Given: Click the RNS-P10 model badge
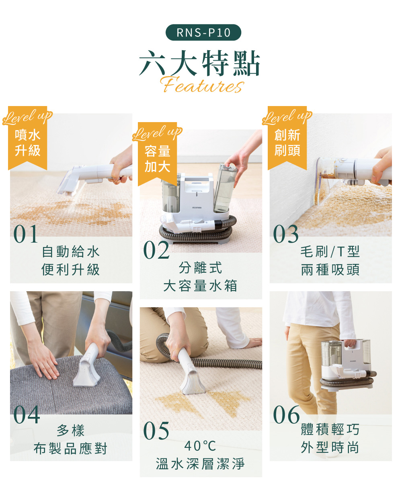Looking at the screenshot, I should pyautogui.click(x=203, y=33).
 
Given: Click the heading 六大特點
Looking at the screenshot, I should pyautogui.click(x=200, y=64).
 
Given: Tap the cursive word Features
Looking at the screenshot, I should pyautogui.click(x=202, y=85).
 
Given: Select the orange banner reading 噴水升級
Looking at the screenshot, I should pyautogui.click(x=28, y=143).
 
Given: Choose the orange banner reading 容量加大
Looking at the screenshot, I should pyautogui.click(x=157, y=159).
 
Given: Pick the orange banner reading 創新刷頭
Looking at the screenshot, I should pyautogui.click(x=287, y=143).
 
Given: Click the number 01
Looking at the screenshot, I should pyautogui.click(x=26, y=234).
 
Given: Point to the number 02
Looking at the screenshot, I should pyautogui.click(x=156, y=251).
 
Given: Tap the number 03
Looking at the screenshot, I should pyautogui.click(x=286, y=234).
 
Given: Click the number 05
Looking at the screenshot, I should pyautogui.click(x=156, y=431).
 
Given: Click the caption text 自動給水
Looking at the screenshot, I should pyautogui.click(x=71, y=252).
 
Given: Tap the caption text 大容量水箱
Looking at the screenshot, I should pyautogui.click(x=200, y=286).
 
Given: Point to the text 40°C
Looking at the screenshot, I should pyautogui.click(x=200, y=446).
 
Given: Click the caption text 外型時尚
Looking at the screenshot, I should pyautogui.click(x=330, y=447).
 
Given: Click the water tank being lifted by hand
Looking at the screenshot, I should pyautogui.click(x=224, y=189).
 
